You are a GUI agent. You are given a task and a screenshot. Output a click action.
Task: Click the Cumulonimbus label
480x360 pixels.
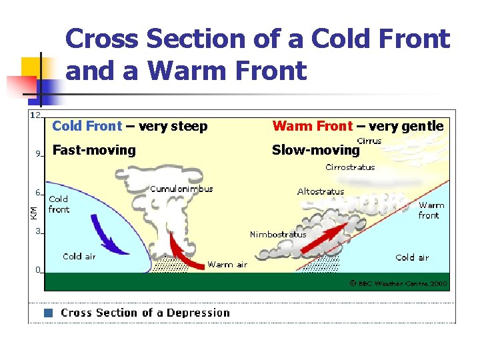(181, 189)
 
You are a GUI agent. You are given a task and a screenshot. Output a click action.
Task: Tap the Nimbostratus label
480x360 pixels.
(278, 234)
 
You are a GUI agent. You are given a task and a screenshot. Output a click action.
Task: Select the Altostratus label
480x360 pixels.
(321, 191)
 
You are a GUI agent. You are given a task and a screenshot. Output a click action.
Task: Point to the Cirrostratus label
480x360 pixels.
(350, 167)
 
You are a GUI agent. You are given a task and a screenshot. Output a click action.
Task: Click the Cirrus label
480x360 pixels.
(369, 141)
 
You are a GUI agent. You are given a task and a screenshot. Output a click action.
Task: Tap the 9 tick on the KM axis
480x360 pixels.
(38, 154)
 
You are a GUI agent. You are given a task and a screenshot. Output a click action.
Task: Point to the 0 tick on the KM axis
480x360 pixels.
(38, 270)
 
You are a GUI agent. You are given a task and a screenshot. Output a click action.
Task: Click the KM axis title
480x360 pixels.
(33, 212)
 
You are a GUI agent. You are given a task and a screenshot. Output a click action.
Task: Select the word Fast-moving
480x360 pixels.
(93, 150)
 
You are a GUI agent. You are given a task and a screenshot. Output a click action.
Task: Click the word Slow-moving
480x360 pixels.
(315, 150)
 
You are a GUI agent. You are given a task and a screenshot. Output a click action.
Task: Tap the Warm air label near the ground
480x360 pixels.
(227, 265)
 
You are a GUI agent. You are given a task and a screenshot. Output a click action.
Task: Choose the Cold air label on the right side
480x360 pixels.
(412, 257)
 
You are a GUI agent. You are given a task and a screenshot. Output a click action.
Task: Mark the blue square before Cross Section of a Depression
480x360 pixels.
(48, 313)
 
